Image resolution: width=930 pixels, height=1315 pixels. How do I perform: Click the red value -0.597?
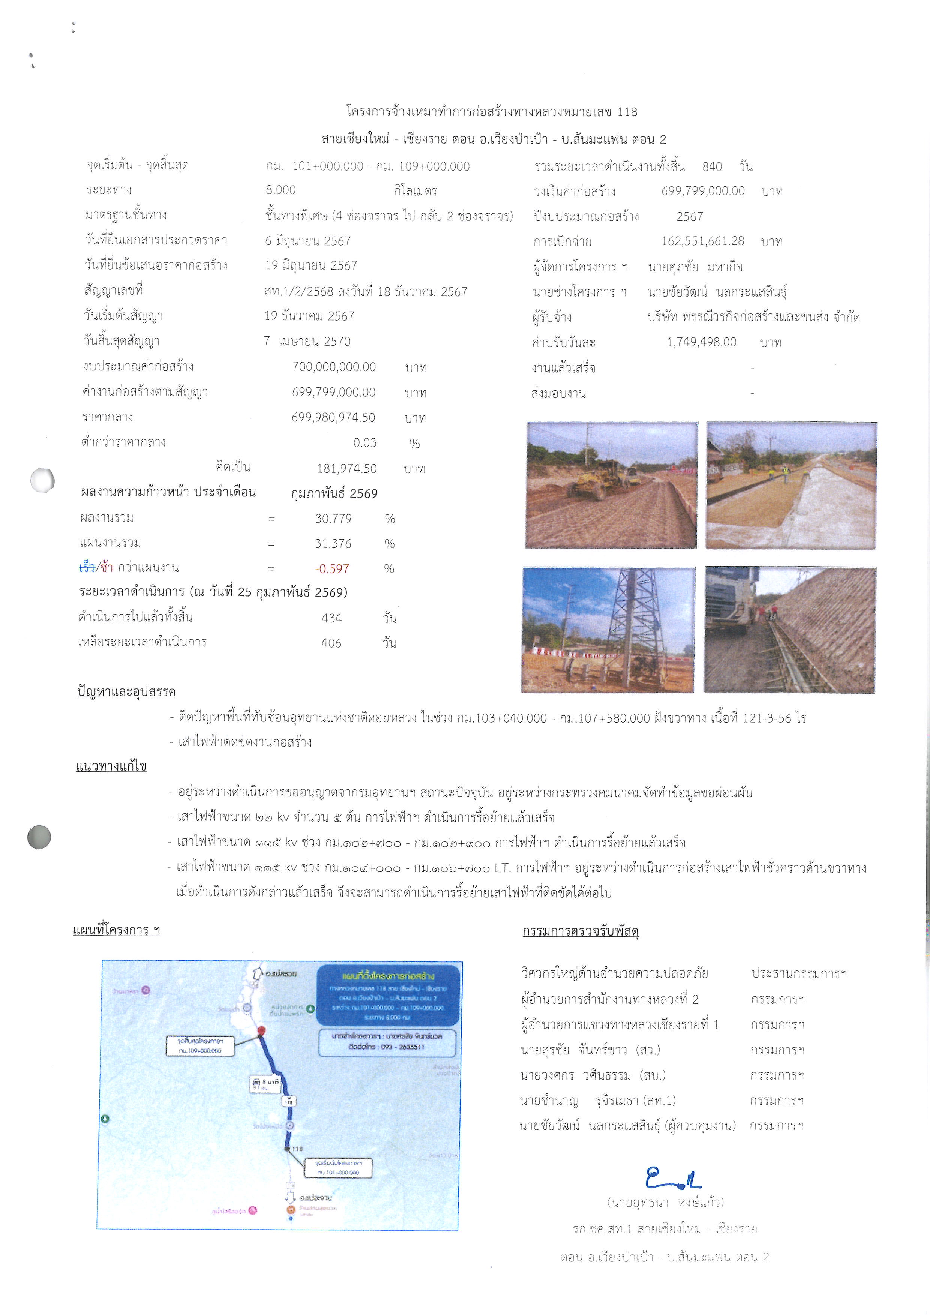click(x=332, y=569)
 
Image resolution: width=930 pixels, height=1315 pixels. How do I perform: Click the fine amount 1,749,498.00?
click(x=702, y=342)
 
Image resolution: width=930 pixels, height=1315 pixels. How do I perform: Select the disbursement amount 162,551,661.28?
click(x=703, y=241)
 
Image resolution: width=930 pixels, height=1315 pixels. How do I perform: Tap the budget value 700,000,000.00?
click(x=334, y=367)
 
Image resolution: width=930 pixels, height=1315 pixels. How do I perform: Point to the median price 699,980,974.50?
click(x=333, y=418)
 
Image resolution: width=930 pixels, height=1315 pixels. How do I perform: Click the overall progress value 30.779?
click(x=333, y=519)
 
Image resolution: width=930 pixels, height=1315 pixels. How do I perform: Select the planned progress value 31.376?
click(x=333, y=544)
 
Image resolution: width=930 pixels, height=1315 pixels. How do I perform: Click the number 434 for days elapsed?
click(x=331, y=618)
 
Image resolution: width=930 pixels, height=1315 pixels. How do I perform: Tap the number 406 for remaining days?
click(x=331, y=643)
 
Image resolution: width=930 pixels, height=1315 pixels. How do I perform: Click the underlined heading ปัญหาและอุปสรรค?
click(x=126, y=691)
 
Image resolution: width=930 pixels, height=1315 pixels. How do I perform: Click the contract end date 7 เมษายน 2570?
click(x=307, y=341)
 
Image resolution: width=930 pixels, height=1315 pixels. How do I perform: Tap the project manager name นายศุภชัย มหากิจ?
click(x=695, y=267)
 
